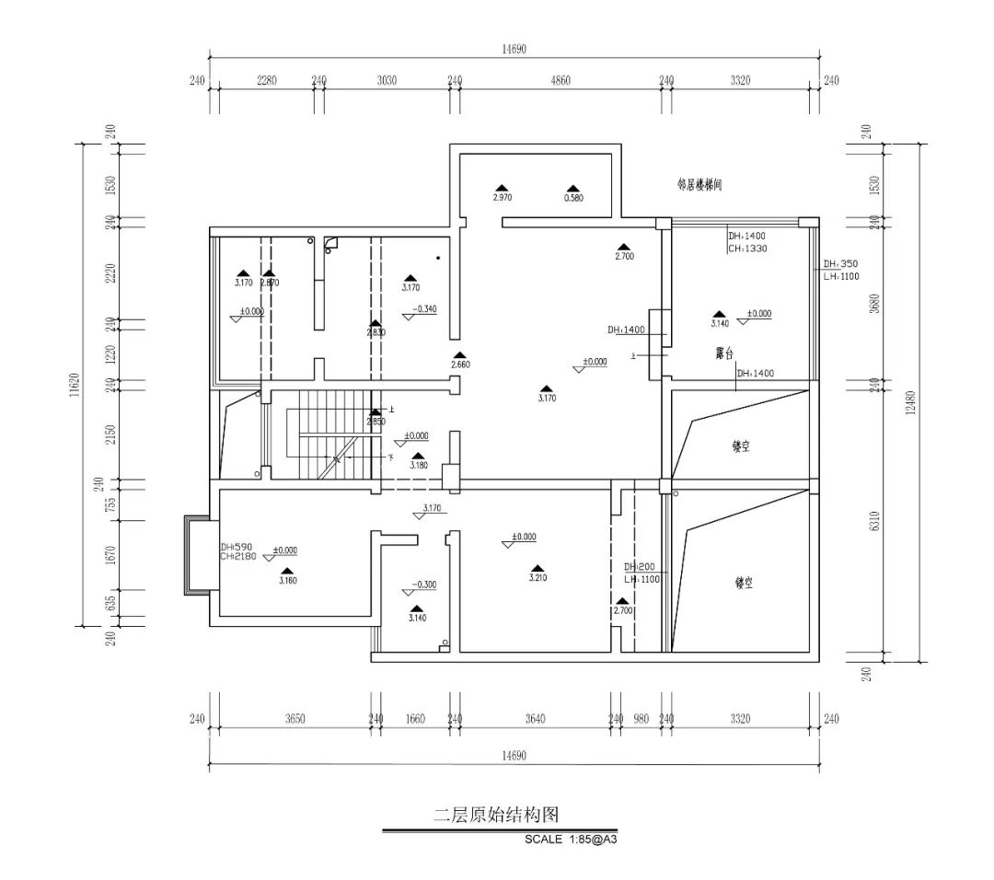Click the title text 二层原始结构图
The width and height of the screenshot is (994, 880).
[496, 815]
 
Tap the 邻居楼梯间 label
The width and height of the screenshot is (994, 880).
[699, 185]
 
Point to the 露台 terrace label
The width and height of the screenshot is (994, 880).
[725, 353]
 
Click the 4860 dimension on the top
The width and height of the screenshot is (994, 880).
[560, 81]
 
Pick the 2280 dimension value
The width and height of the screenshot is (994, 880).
[265, 81]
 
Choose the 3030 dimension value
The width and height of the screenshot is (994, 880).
[387, 81]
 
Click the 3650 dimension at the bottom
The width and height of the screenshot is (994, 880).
[294, 719]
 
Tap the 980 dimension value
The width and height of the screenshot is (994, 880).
[641, 719]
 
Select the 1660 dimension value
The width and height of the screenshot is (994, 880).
[415, 719]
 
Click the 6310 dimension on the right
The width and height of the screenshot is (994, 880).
[874, 523]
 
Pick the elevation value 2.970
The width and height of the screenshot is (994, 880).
[502, 198]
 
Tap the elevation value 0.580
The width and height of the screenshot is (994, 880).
[572, 198]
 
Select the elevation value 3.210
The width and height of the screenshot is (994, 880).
[537, 578]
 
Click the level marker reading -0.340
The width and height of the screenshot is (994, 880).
[424, 309]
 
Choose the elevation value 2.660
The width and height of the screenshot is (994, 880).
[460, 365]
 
